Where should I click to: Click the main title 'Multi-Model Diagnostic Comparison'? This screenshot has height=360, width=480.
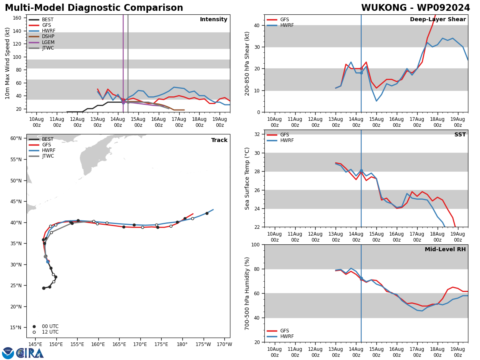tap(94, 8)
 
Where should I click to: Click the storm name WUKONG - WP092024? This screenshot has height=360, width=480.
tap(415, 8)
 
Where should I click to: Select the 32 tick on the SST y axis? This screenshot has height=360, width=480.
tap(257, 134)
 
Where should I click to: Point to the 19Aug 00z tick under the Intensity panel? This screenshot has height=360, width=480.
tap(220, 122)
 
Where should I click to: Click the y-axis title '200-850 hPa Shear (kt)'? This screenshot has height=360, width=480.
tap(247, 63)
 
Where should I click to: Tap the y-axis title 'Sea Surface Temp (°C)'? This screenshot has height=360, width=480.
tap(247, 178)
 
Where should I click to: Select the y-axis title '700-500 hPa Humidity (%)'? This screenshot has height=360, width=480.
tap(247, 293)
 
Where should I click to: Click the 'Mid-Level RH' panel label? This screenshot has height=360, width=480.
tap(445, 250)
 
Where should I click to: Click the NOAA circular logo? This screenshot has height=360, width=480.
tap(8, 353)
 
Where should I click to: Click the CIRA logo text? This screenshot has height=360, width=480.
tap(30, 353)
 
